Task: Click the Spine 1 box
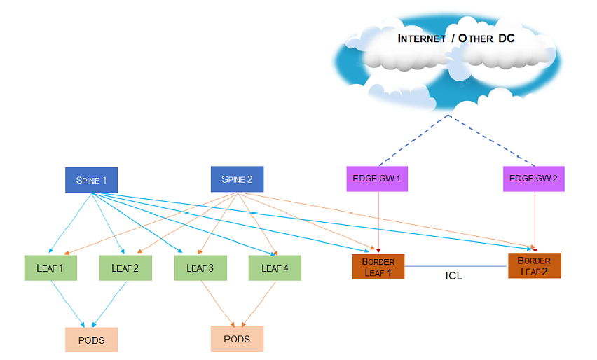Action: [x=91, y=180]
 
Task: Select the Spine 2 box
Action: [x=237, y=179]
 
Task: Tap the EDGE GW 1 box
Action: [x=377, y=179]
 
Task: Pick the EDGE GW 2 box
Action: [x=533, y=179]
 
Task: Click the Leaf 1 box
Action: [x=50, y=268]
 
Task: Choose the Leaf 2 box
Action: [x=125, y=268]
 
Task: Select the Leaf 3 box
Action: [x=200, y=268]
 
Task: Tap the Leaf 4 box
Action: [x=275, y=268]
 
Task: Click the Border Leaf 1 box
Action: [x=378, y=267]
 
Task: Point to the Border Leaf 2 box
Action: [x=535, y=265]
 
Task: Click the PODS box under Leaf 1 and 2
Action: [x=91, y=340]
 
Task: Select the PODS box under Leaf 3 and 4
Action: [x=237, y=339]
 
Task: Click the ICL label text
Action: [x=454, y=276]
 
